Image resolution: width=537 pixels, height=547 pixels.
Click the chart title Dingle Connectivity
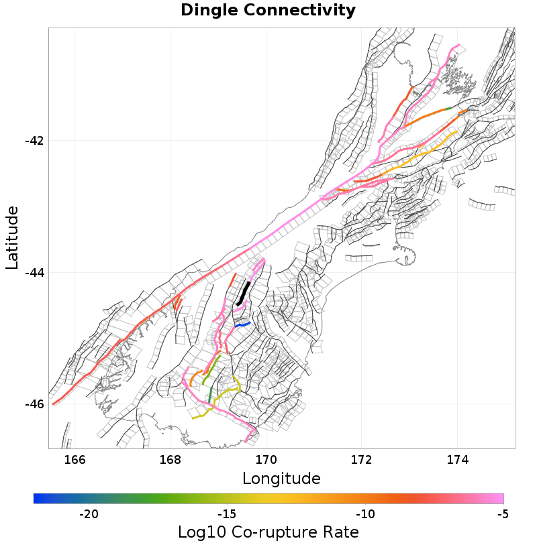pos(268,11)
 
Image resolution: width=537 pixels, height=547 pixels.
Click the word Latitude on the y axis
pos(12,238)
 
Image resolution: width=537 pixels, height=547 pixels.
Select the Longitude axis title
pos(281,479)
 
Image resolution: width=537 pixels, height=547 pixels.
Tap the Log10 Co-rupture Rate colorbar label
pos(268,532)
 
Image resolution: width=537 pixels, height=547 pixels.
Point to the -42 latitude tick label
pos(34,141)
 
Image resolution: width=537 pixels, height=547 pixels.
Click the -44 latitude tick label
pos(34,272)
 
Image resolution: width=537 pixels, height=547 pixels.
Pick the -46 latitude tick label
pos(34,404)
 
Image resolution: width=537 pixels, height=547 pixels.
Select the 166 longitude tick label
pos(75,459)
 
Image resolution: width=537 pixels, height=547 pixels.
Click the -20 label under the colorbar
pos(89,514)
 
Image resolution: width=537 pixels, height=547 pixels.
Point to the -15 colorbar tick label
pos(227,514)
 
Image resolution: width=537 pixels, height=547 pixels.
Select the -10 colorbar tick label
pos(365,514)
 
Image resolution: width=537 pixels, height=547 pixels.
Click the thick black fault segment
pos(243,294)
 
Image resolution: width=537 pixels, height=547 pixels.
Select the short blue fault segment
pos(242,324)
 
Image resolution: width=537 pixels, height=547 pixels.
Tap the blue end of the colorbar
pos(37,498)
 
